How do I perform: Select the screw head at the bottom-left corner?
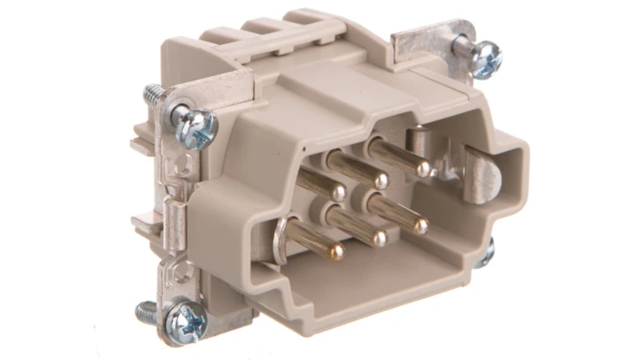point(188,320)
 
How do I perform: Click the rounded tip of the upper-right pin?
point(423,168)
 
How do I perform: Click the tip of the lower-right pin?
point(421,226)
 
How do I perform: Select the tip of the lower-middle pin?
point(379,239)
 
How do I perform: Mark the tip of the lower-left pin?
point(336,253)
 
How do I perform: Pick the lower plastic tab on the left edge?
point(142,226)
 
